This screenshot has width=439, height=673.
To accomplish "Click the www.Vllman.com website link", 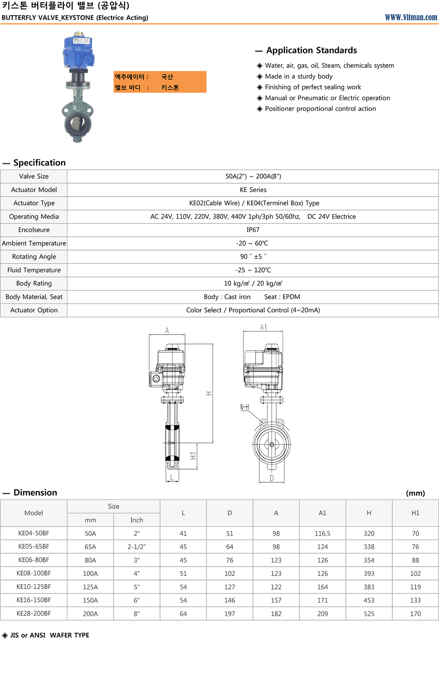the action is [x=411, y=18].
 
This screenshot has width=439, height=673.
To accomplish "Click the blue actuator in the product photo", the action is [x=78, y=51].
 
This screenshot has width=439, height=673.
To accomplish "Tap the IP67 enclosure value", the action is [x=253, y=230].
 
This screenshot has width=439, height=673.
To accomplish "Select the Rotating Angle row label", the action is [x=34, y=256].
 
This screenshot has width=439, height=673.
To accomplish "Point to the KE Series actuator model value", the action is [x=253, y=190].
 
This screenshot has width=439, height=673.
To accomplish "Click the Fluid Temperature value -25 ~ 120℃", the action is [x=253, y=270].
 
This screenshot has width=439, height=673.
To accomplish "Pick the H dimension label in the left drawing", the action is [x=208, y=393].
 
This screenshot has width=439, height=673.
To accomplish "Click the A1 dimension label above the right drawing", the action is [x=263, y=327].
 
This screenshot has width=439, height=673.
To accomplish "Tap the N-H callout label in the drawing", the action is [x=244, y=407].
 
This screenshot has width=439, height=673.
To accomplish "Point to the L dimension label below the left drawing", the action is [x=172, y=477].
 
